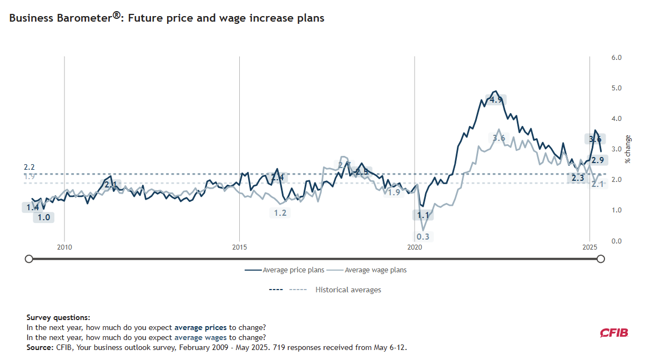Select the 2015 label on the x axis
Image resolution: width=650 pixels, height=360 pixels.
[x=240, y=247]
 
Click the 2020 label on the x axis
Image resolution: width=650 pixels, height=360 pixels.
[x=415, y=247]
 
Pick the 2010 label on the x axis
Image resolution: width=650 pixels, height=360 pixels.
[x=64, y=247]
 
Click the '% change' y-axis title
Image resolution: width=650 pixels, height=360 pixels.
[x=628, y=149]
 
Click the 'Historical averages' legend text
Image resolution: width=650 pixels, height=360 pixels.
[x=348, y=290]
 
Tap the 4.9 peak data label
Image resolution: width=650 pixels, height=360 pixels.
[x=496, y=100]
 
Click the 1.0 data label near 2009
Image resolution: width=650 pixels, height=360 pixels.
[x=44, y=217]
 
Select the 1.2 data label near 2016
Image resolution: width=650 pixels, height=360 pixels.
[x=280, y=212]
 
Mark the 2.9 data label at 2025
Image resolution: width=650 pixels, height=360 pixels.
[x=598, y=160]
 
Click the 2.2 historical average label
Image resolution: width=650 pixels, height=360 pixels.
[x=29, y=167]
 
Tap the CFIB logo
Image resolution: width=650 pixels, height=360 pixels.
[x=613, y=333]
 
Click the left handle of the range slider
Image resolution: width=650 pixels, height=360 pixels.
[x=29, y=258]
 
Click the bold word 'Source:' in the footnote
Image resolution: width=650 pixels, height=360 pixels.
[x=40, y=348]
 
